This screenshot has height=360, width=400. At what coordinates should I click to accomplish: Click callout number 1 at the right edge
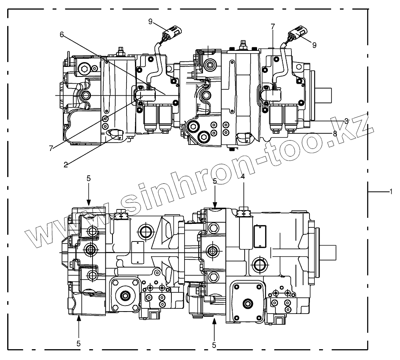click(390, 192)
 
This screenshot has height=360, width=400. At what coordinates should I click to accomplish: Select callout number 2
click(66, 163)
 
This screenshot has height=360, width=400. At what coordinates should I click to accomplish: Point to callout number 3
click(346, 121)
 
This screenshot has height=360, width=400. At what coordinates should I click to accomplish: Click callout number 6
click(62, 34)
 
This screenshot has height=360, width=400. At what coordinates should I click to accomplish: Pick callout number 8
click(335, 133)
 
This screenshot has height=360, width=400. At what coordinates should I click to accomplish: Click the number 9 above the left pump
click(150, 22)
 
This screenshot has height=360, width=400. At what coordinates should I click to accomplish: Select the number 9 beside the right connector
click(314, 45)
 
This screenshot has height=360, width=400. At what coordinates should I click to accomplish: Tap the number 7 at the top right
click(273, 26)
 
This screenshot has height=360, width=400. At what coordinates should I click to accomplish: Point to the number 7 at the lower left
click(51, 148)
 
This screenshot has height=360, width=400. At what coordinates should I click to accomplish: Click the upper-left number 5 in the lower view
click(89, 178)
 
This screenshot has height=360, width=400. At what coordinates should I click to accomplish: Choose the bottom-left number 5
click(78, 343)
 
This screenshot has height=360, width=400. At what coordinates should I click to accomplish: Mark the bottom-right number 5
click(215, 344)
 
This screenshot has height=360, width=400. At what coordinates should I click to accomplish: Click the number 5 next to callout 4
click(215, 181)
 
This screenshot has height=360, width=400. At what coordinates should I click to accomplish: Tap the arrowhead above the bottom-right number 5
click(215, 318)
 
